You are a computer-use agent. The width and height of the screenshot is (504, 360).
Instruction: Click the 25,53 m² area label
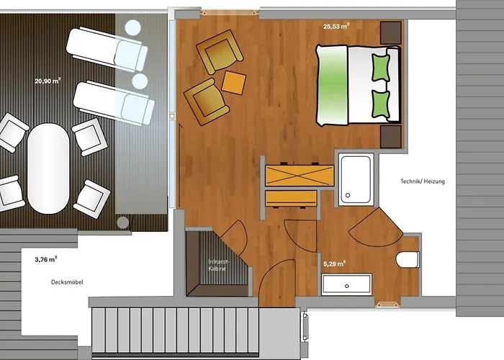pyautogui.click(x=336, y=27)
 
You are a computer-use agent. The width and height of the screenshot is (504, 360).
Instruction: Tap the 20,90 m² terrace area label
pyautogui.click(x=48, y=81)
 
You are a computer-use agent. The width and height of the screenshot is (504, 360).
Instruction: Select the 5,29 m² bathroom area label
pyautogui.click(x=334, y=264)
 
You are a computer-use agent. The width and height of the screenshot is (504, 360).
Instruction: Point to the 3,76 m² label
pyautogui.click(x=46, y=259)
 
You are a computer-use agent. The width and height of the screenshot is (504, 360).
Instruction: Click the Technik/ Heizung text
pyautogui.click(x=423, y=181)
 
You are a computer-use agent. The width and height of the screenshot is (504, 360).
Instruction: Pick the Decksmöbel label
pyautogui.click(x=67, y=282)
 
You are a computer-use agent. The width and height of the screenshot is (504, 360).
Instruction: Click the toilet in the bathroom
pyautogui.click(x=408, y=260)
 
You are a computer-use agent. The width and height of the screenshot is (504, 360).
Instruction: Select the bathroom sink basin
pyautogui.click(x=347, y=284)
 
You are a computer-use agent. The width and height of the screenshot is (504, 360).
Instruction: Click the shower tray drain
pyautogui.click(x=348, y=195)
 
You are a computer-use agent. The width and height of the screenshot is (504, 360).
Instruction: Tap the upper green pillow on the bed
pyautogui.click(x=381, y=68)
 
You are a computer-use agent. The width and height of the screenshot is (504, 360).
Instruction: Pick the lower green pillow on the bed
pyautogui.click(x=381, y=104)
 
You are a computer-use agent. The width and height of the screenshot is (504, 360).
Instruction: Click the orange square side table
pyautogui.click(x=234, y=83)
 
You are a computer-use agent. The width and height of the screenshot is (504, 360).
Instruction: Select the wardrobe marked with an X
pyautogui.click(x=300, y=176)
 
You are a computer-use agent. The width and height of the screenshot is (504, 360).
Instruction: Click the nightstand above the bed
pyautogui.click(x=391, y=33)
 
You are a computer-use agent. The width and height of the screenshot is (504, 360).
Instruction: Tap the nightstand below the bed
pyautogui.click(x=391, y=137)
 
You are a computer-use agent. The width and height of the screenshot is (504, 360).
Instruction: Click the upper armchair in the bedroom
pyautogui.click(x=219, y=52)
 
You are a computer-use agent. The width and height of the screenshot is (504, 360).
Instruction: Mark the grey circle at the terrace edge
pyautogui.click(x=122, y=222)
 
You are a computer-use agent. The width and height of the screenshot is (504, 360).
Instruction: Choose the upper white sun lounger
pyautogui.click(x=107, y=49)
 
